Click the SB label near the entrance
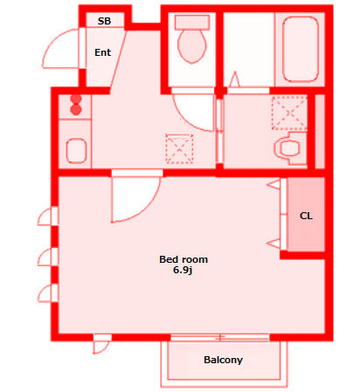pos(104,21)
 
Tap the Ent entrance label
pos(102,52)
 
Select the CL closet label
pos(306,216)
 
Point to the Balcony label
pos(223,360)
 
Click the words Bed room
pos(183,259)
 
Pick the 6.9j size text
pos(183,270)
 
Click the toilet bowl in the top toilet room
pos(191,46)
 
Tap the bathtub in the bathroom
pos(300,49)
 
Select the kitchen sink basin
pos(76,151)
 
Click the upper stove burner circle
pos(76,100)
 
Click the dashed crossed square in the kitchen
pos(179,148)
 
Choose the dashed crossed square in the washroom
pos(289,113)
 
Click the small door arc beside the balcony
pos(102,347)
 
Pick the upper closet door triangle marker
pos(273,185)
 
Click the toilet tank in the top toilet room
pos(192,23)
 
